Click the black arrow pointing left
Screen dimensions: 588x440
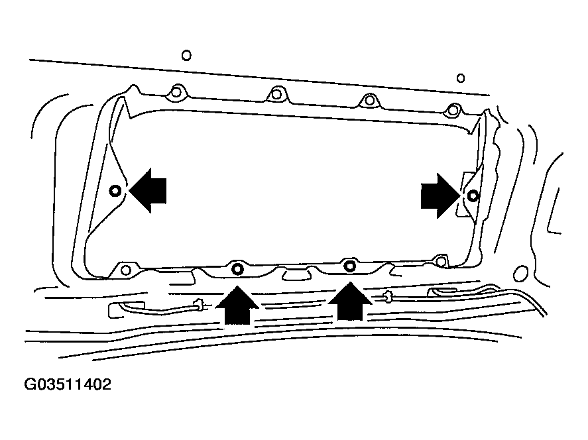coord(148,191)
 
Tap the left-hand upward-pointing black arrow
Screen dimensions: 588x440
coord(237,305)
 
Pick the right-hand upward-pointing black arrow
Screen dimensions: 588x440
coord(350,302)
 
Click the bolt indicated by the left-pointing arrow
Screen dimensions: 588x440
coord(115,191)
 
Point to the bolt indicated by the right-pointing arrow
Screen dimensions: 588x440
coord(473,195)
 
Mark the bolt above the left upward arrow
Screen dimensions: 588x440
coord(237,269)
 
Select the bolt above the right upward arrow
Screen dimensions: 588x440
coord(350,266)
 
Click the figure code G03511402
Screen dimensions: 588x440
coord(68,385)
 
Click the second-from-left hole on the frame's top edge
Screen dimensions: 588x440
coord(276,94)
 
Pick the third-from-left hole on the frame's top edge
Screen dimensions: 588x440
coord(369,100)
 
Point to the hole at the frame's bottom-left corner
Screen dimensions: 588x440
coord(127,270)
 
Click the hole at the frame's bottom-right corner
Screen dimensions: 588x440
coord(441,260)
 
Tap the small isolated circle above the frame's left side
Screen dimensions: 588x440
coord(186,56)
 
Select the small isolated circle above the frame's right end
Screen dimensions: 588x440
coord(461,78)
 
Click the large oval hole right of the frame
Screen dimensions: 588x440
coord(520,273)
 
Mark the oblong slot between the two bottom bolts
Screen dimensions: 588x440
coord(296,276)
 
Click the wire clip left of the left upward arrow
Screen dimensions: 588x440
coord(198,304)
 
